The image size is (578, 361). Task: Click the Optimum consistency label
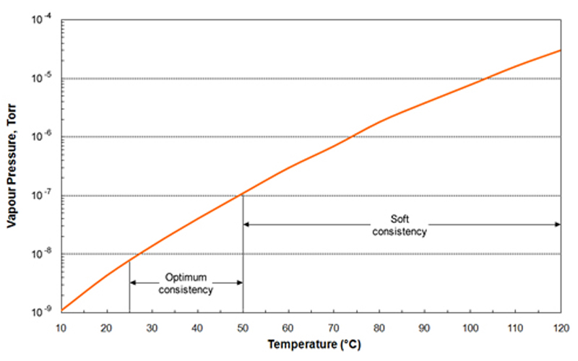pos(186,283)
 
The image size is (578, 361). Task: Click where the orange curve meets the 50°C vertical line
pos(243,193)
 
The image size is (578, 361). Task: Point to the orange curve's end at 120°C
pos(561,50)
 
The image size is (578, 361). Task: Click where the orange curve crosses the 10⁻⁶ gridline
pos(352,136)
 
